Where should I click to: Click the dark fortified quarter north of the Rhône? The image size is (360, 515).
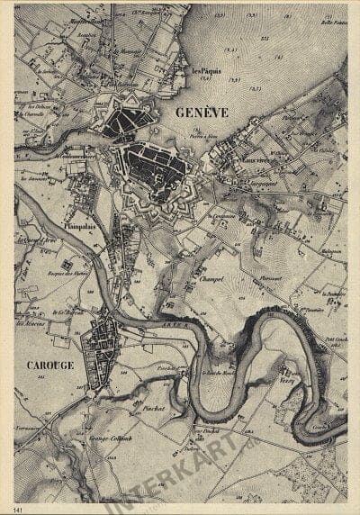(x=121, y=119)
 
